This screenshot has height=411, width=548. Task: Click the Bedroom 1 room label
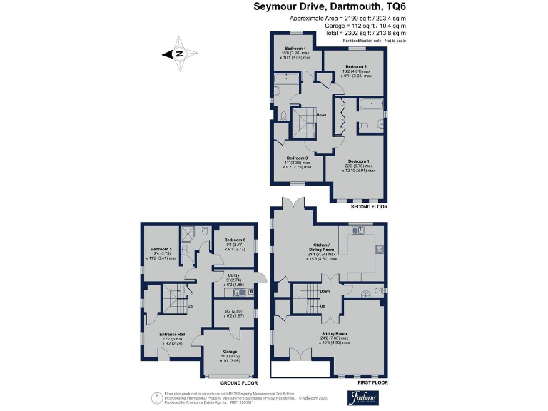358,161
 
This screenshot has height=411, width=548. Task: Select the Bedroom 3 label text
297,158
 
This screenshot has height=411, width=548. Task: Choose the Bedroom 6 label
235,240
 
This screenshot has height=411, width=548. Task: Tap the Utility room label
234,275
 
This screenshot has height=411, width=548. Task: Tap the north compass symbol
179,53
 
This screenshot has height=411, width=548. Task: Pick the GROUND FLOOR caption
238,382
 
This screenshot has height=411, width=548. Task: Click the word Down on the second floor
321,115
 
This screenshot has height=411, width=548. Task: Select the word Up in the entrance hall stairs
189,307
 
